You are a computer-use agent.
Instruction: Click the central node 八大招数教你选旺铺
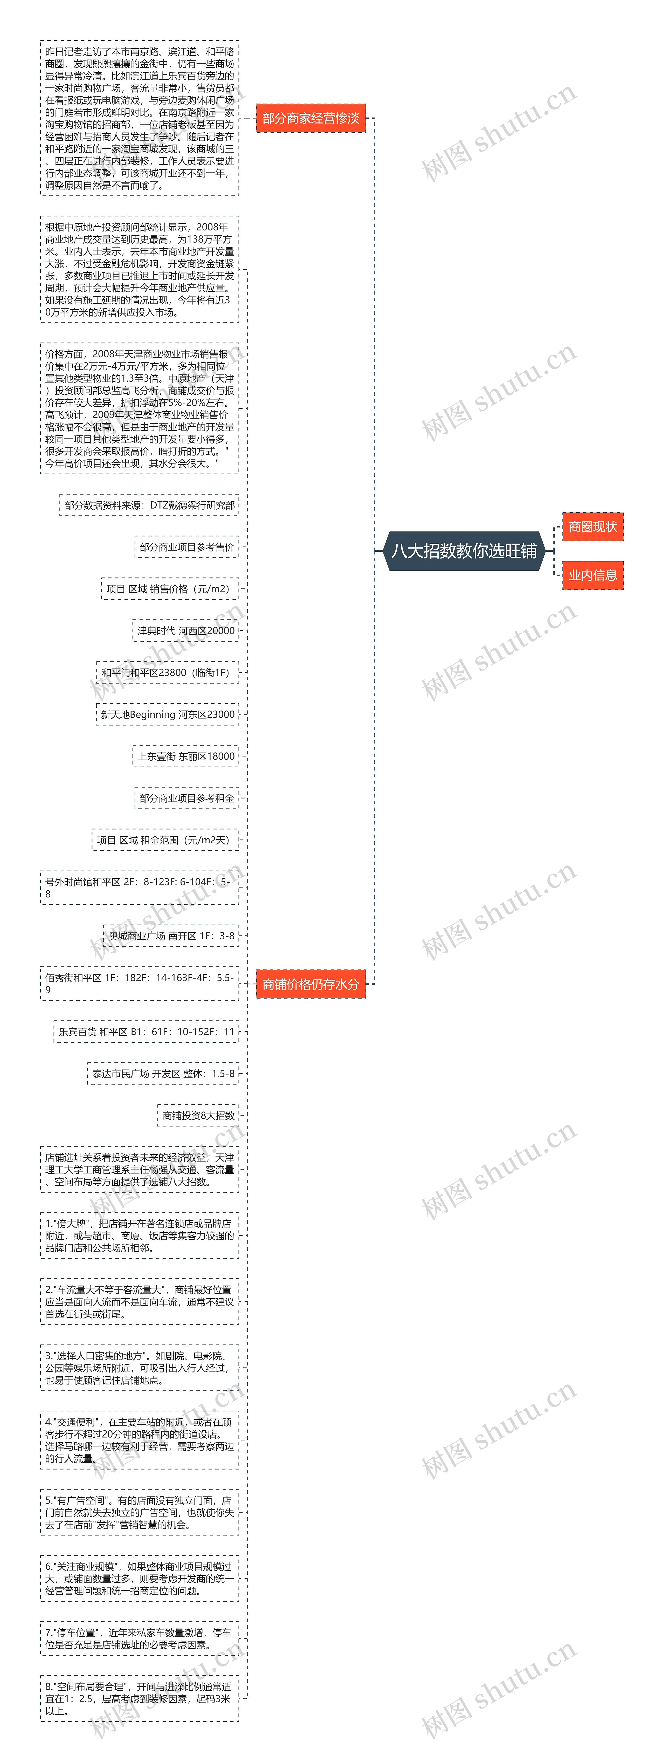tap(464, 551)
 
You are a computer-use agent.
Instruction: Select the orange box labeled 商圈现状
tap(592, 527)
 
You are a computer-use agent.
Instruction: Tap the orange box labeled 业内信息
tap(592, 575)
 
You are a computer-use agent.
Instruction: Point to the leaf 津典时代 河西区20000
tap(186, 631)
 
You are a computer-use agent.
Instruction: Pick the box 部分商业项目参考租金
tap(187, 798)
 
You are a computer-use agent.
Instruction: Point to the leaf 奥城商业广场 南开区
tap(172, 936)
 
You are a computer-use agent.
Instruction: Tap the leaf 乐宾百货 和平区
tap(146, 1032)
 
